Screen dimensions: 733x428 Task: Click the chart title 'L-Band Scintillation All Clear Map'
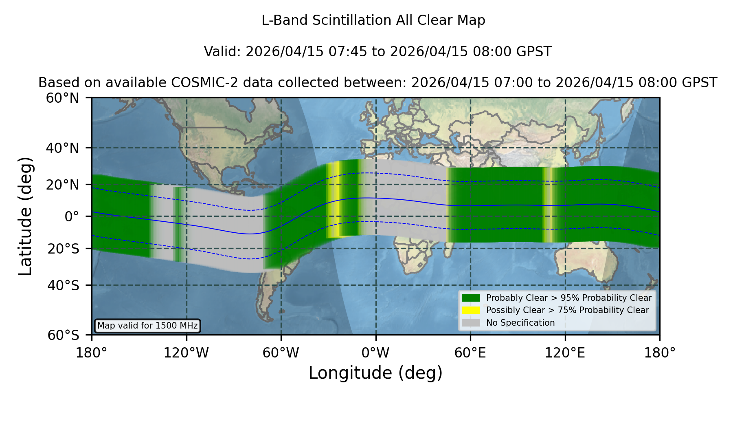point(373,20)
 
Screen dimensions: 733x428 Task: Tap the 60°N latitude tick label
point(63,98)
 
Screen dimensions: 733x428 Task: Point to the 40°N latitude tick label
point(63,148)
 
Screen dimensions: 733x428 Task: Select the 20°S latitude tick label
point(64,249)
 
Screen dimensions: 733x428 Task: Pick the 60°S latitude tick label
point(64,335)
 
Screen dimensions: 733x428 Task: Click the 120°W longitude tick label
point(187,353)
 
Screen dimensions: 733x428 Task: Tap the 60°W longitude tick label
point(281,353)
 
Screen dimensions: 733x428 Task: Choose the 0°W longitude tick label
point(376,353)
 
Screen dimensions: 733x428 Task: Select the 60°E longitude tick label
point(470,353)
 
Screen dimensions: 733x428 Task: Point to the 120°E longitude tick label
point(565,353)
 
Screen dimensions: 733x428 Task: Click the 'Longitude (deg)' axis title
point(375,373)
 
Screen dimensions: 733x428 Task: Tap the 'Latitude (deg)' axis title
point(26,216)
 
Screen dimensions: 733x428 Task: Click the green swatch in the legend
point(471,298)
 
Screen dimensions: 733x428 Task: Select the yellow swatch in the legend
point(471,310)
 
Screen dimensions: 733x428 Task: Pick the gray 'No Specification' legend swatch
point(471,323)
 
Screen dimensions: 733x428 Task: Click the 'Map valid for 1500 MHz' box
point(147,326)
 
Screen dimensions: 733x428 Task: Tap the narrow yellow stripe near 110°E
point(548,205)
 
